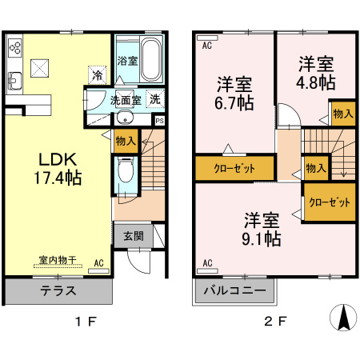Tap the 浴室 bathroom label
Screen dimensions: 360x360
[126, 61]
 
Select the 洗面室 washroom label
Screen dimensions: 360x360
[126, 102]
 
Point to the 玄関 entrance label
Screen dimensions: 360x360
[134, 236]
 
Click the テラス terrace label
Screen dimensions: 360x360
[58, 291]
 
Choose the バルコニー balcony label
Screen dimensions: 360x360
[234, 291]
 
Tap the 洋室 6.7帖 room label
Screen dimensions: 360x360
[234, 94]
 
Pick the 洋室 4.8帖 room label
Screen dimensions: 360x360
[317, 73]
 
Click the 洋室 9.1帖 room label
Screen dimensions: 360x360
[262, 228]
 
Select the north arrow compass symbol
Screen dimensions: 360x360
[343, 318]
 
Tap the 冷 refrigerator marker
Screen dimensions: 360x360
[97, 76]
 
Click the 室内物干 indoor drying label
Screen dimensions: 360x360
[58, 260]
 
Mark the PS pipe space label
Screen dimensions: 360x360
[160, 121]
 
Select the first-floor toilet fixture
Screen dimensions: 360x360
[125, 171]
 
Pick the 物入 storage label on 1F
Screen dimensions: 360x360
[126, 142]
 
